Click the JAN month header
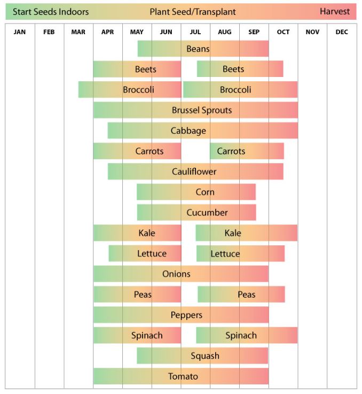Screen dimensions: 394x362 (x=20, y=32)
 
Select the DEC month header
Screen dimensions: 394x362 (x=342, y=32)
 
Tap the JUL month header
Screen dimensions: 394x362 (x=195, y=32)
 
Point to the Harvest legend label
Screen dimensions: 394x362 (x=335, y=11)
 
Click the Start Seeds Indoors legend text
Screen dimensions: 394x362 (x=51, y=11)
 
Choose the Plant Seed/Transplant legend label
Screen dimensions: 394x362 (x=193, y=11)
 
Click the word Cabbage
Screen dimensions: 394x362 (x=188, y=130)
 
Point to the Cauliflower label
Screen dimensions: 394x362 (x=194, y=172)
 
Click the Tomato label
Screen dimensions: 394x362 (x=183, y=376)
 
